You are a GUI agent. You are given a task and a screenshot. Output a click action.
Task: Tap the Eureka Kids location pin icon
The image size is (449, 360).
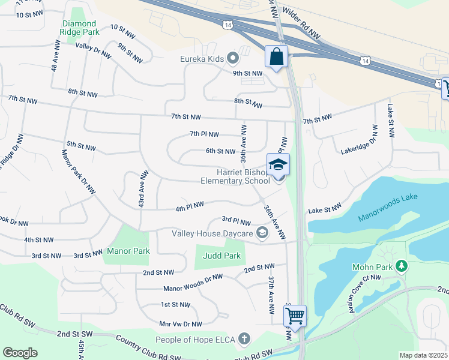point(234,58)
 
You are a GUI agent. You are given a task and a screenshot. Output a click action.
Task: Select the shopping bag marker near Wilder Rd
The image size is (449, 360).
point(276,58)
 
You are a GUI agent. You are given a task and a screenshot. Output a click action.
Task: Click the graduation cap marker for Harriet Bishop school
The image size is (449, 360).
point(278,164)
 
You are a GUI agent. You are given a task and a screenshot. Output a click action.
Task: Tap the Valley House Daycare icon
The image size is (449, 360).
point(262,233)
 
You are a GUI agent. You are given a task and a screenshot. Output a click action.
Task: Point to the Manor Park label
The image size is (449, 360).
point(127,250)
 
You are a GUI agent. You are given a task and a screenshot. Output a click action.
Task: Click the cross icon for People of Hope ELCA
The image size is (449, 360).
point(244,340)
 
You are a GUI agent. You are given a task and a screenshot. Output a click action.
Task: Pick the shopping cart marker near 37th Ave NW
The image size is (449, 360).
point(295,315)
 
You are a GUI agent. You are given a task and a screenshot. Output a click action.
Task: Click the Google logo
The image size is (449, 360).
point(20,352)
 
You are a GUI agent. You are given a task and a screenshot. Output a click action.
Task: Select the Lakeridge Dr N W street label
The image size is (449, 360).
point(359,139)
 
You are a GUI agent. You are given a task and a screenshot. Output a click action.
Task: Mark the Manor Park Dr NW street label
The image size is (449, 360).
point(78,172)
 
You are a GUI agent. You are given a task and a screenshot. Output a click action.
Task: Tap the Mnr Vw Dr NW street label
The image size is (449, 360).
point(180,323)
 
